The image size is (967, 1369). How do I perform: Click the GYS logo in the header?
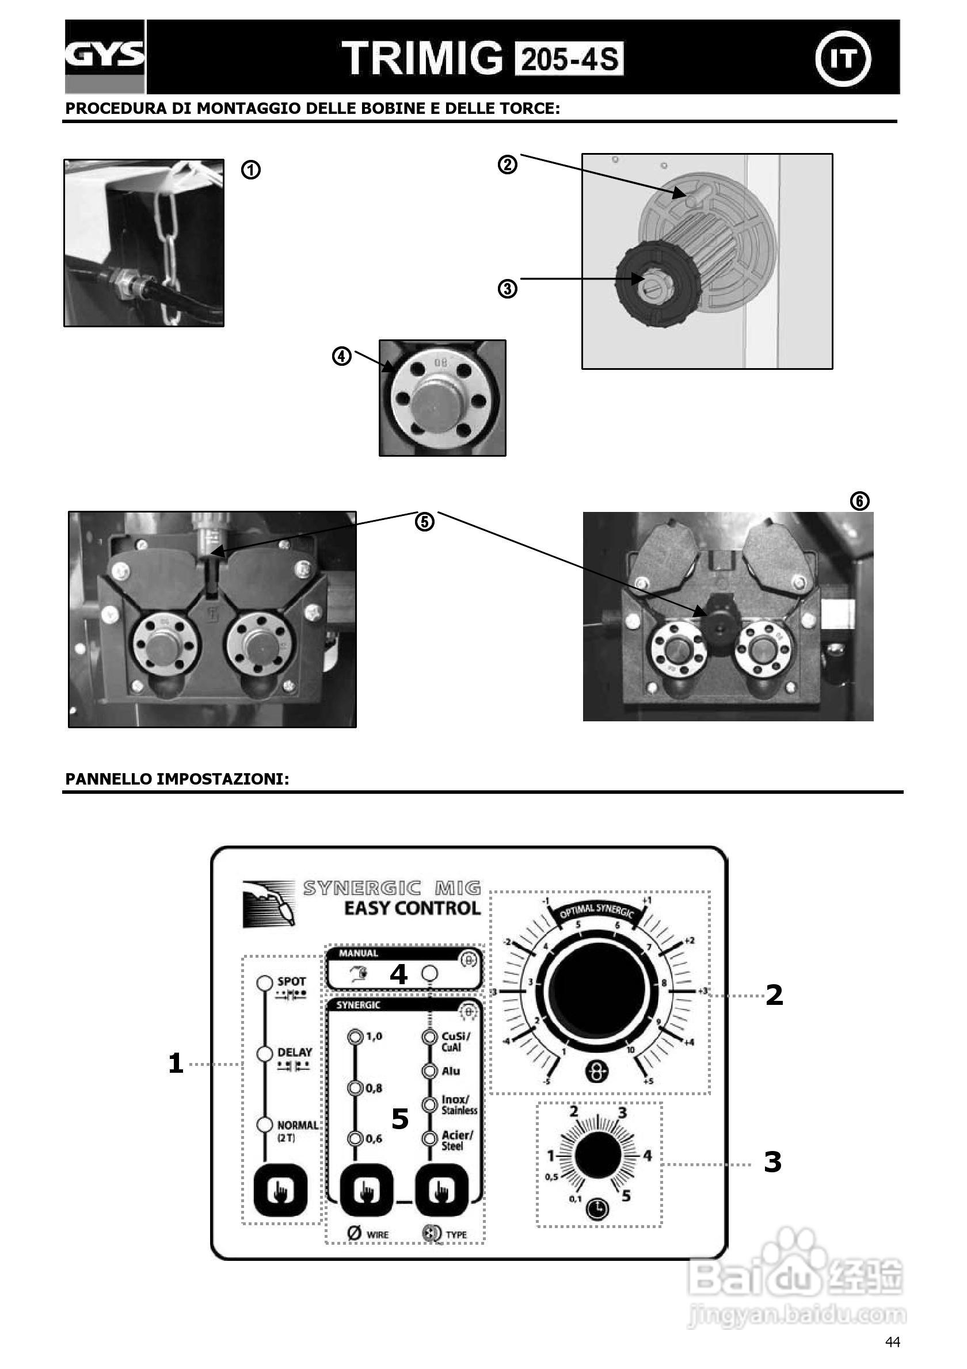104,55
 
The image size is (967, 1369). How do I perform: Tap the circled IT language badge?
842,59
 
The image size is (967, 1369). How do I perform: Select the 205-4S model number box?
569,59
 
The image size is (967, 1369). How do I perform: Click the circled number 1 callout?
250,170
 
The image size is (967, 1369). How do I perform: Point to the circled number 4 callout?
341,357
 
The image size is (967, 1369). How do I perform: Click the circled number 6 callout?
859,502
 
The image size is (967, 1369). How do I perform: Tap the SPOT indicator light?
264,982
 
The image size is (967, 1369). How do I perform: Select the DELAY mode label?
294,1053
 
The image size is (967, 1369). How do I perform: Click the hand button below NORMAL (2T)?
280,1191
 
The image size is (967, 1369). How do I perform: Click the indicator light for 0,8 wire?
355,1088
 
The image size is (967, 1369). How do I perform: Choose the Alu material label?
450,1071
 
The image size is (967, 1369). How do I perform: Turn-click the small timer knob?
599,1155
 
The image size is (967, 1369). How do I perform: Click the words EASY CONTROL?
412,909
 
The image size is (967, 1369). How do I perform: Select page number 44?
892,1342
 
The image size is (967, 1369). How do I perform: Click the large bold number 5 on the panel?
399,1119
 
